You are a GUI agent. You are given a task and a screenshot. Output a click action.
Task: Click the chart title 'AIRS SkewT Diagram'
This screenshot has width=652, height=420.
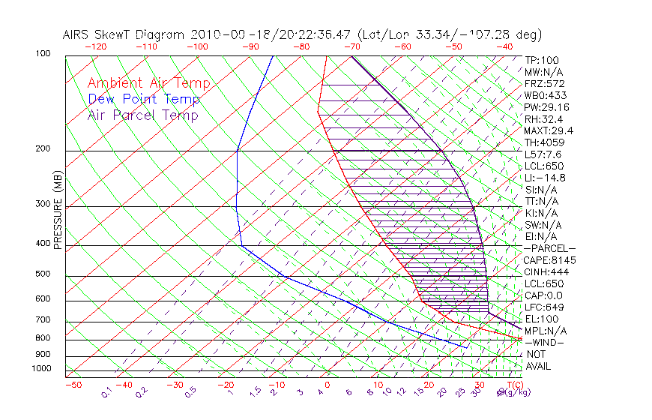coord(124,35)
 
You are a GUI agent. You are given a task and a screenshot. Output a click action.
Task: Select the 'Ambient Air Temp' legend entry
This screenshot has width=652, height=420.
coord(148,83)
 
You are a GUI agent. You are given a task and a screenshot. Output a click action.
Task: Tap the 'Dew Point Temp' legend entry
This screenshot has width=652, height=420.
coord(143,99)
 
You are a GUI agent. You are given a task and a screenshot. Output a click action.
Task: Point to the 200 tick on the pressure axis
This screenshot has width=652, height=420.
coord(43,149)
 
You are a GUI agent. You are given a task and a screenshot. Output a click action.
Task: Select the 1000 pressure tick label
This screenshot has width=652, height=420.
coord(40,369)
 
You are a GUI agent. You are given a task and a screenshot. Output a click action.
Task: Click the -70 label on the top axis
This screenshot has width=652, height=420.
coord(351,46)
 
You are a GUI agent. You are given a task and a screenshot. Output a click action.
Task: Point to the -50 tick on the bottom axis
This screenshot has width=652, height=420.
coord(73,385)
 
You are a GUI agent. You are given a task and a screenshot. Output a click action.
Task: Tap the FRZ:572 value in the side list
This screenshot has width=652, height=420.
coord(544,83)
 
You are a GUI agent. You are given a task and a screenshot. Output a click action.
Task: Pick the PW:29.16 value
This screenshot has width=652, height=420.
coord(546,107)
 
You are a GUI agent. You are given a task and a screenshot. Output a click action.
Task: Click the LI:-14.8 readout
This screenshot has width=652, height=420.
coord(545,178)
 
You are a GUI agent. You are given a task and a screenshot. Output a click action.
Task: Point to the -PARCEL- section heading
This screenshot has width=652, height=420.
coord(549,248)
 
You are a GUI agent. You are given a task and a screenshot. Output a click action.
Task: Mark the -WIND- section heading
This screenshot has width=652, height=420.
coord(544,342)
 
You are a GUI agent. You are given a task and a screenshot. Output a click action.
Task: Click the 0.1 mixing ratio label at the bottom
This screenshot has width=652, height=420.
coord(107,391)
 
